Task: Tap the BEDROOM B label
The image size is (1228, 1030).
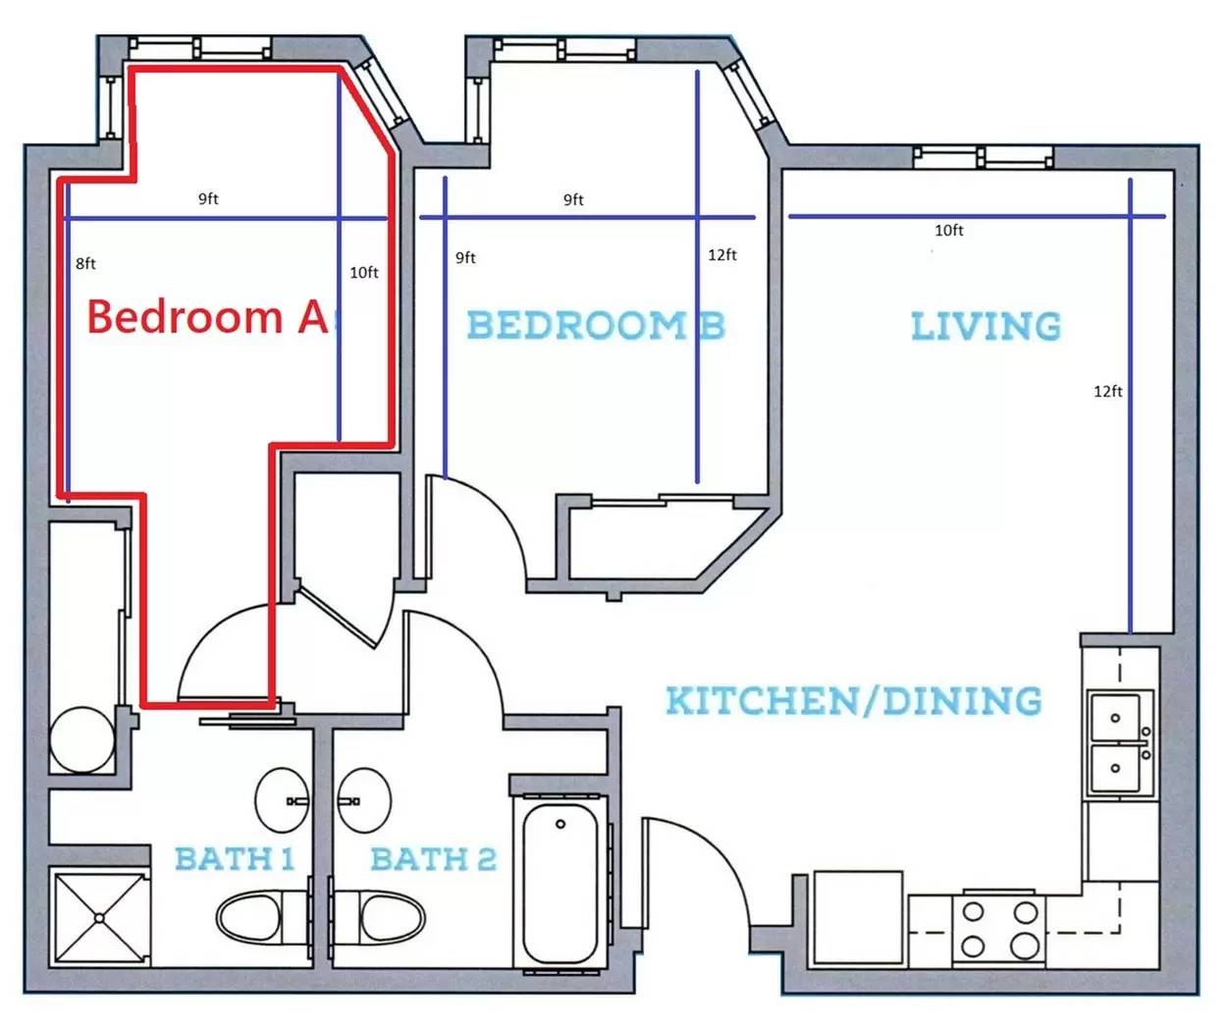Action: tap(596, 325)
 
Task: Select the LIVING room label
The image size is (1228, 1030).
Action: tap(987, 326)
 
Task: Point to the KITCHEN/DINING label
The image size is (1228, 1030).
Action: tap(854, 700)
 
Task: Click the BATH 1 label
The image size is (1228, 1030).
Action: tap(235, 858)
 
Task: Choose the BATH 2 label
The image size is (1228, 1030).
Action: tap(434, 859)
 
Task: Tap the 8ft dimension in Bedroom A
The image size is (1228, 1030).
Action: tap(85, 263)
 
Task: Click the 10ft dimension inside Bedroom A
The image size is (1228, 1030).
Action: tap(364, 272)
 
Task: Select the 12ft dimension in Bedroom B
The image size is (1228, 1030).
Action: tap(722, 254)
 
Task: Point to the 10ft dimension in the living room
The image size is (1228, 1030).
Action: tap(948, 230)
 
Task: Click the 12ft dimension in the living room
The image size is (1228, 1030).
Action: tap(1108, 391)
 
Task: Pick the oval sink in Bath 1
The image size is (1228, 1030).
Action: tap(282, 800)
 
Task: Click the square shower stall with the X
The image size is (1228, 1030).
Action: tap(99, 918)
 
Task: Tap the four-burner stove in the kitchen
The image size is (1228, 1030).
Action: tap(998, 930)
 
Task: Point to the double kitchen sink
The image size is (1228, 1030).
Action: tap(1120, 743)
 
